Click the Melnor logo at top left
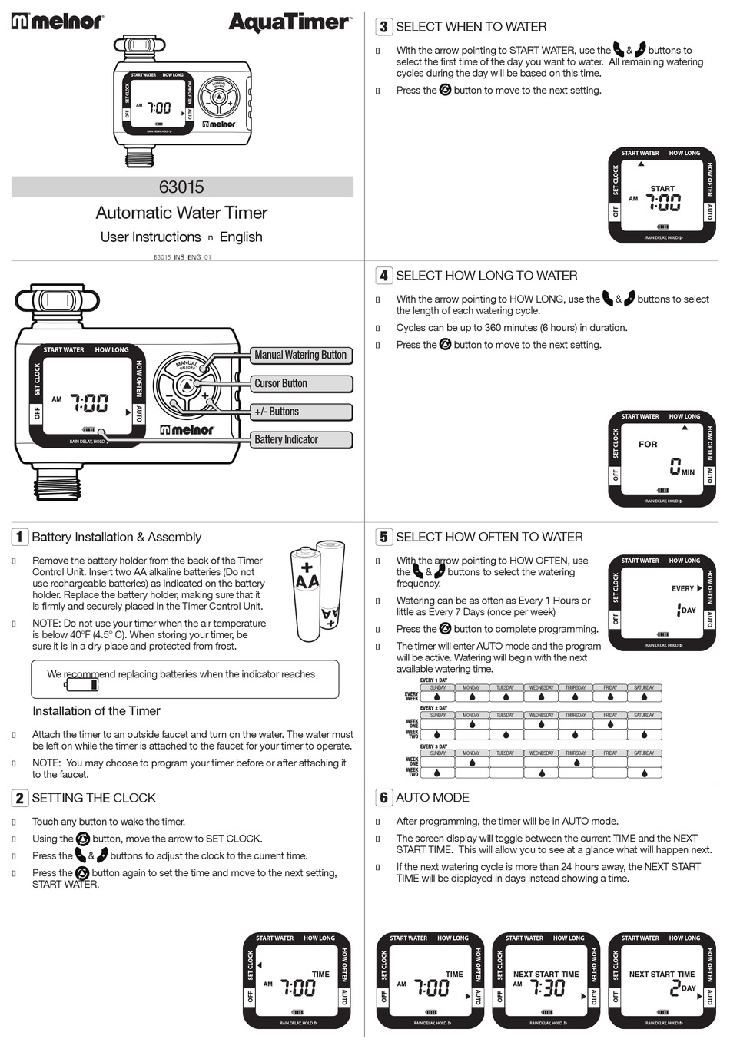pyautogui.click(x=57, y=22)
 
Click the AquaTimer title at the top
pyautogui.click(x=290, y=22)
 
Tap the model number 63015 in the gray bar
pyautogui.click(x=181, y=187)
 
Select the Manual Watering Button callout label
pyautogui.click(x=300, y=355)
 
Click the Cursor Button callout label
pyautogui.click(x=300, y=383)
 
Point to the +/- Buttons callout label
pyautogui.click(x=300, y=412)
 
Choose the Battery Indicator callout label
pyautogui.click(x=300, y=439)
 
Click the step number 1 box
pyautogui.click(x=19, y=537)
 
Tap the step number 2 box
pyautogui.click(x=19, y=798)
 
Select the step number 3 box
pyautogui.click(x=383, y=27)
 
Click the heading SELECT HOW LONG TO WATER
pyautogui.click(x=486, y=276)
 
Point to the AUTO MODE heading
pyautogui.click(x=432, y=798)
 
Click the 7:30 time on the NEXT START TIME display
pyautogui.click(x=548, y=988)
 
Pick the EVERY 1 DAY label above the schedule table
pyautogui.click(x=433, y=680)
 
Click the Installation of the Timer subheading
pyautogui.click(x=96, y=711)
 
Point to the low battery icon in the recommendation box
pyautogui.click(x=81, y=685)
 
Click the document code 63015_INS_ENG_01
pyautogui.click(x=181, y=256)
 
